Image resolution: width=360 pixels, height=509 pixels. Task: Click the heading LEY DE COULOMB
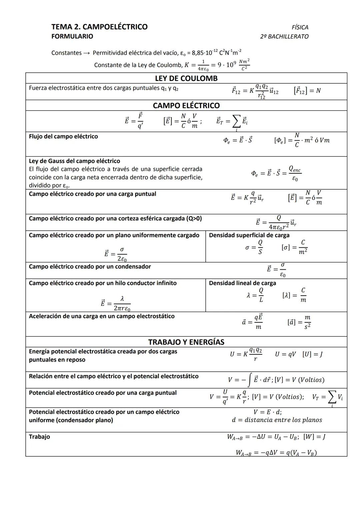(186, 78)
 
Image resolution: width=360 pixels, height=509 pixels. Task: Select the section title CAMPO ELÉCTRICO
(186, 106)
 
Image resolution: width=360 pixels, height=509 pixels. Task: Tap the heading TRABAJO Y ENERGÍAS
(186, 342)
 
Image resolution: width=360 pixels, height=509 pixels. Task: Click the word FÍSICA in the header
(300, 27)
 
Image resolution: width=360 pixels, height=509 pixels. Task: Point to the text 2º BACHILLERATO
(284, 36)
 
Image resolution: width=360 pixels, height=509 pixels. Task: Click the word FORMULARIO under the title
(72, 36)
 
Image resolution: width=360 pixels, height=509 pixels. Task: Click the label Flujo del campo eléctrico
(63, 136)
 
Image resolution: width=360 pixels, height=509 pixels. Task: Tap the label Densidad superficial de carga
(249, 235)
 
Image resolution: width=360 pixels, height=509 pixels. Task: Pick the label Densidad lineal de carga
(242, 283)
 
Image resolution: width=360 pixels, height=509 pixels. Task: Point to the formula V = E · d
(267, 412)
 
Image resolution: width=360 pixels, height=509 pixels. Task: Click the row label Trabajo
(39, 437)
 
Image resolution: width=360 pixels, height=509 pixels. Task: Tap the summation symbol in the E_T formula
(236, 122)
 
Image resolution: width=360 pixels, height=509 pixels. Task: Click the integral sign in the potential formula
(250, 380)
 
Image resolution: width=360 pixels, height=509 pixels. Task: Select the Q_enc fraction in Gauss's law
(295, 174)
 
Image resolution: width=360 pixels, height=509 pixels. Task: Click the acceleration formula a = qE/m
(252, 322)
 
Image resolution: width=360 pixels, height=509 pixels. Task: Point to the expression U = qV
(285, 354)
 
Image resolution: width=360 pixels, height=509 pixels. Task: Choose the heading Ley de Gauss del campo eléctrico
(74, 161)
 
